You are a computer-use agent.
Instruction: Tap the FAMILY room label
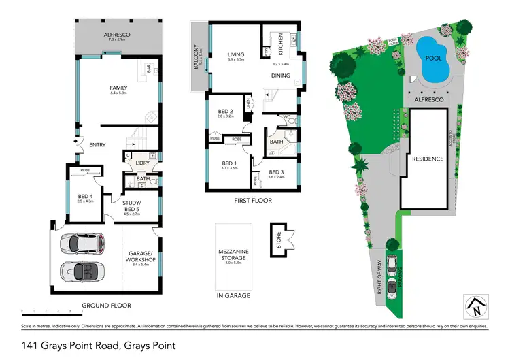coord(119,88)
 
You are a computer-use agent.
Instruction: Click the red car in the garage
coord(81,243)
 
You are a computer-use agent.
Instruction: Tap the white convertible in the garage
coord(81,271)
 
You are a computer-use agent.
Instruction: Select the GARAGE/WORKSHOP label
coord(143,257)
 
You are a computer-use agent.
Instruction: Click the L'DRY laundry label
coord(142,163)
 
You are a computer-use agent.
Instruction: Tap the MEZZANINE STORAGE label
coord(233,255)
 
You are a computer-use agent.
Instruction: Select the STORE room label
coord(278,240)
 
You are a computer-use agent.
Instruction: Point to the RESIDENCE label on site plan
coord(427,159)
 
